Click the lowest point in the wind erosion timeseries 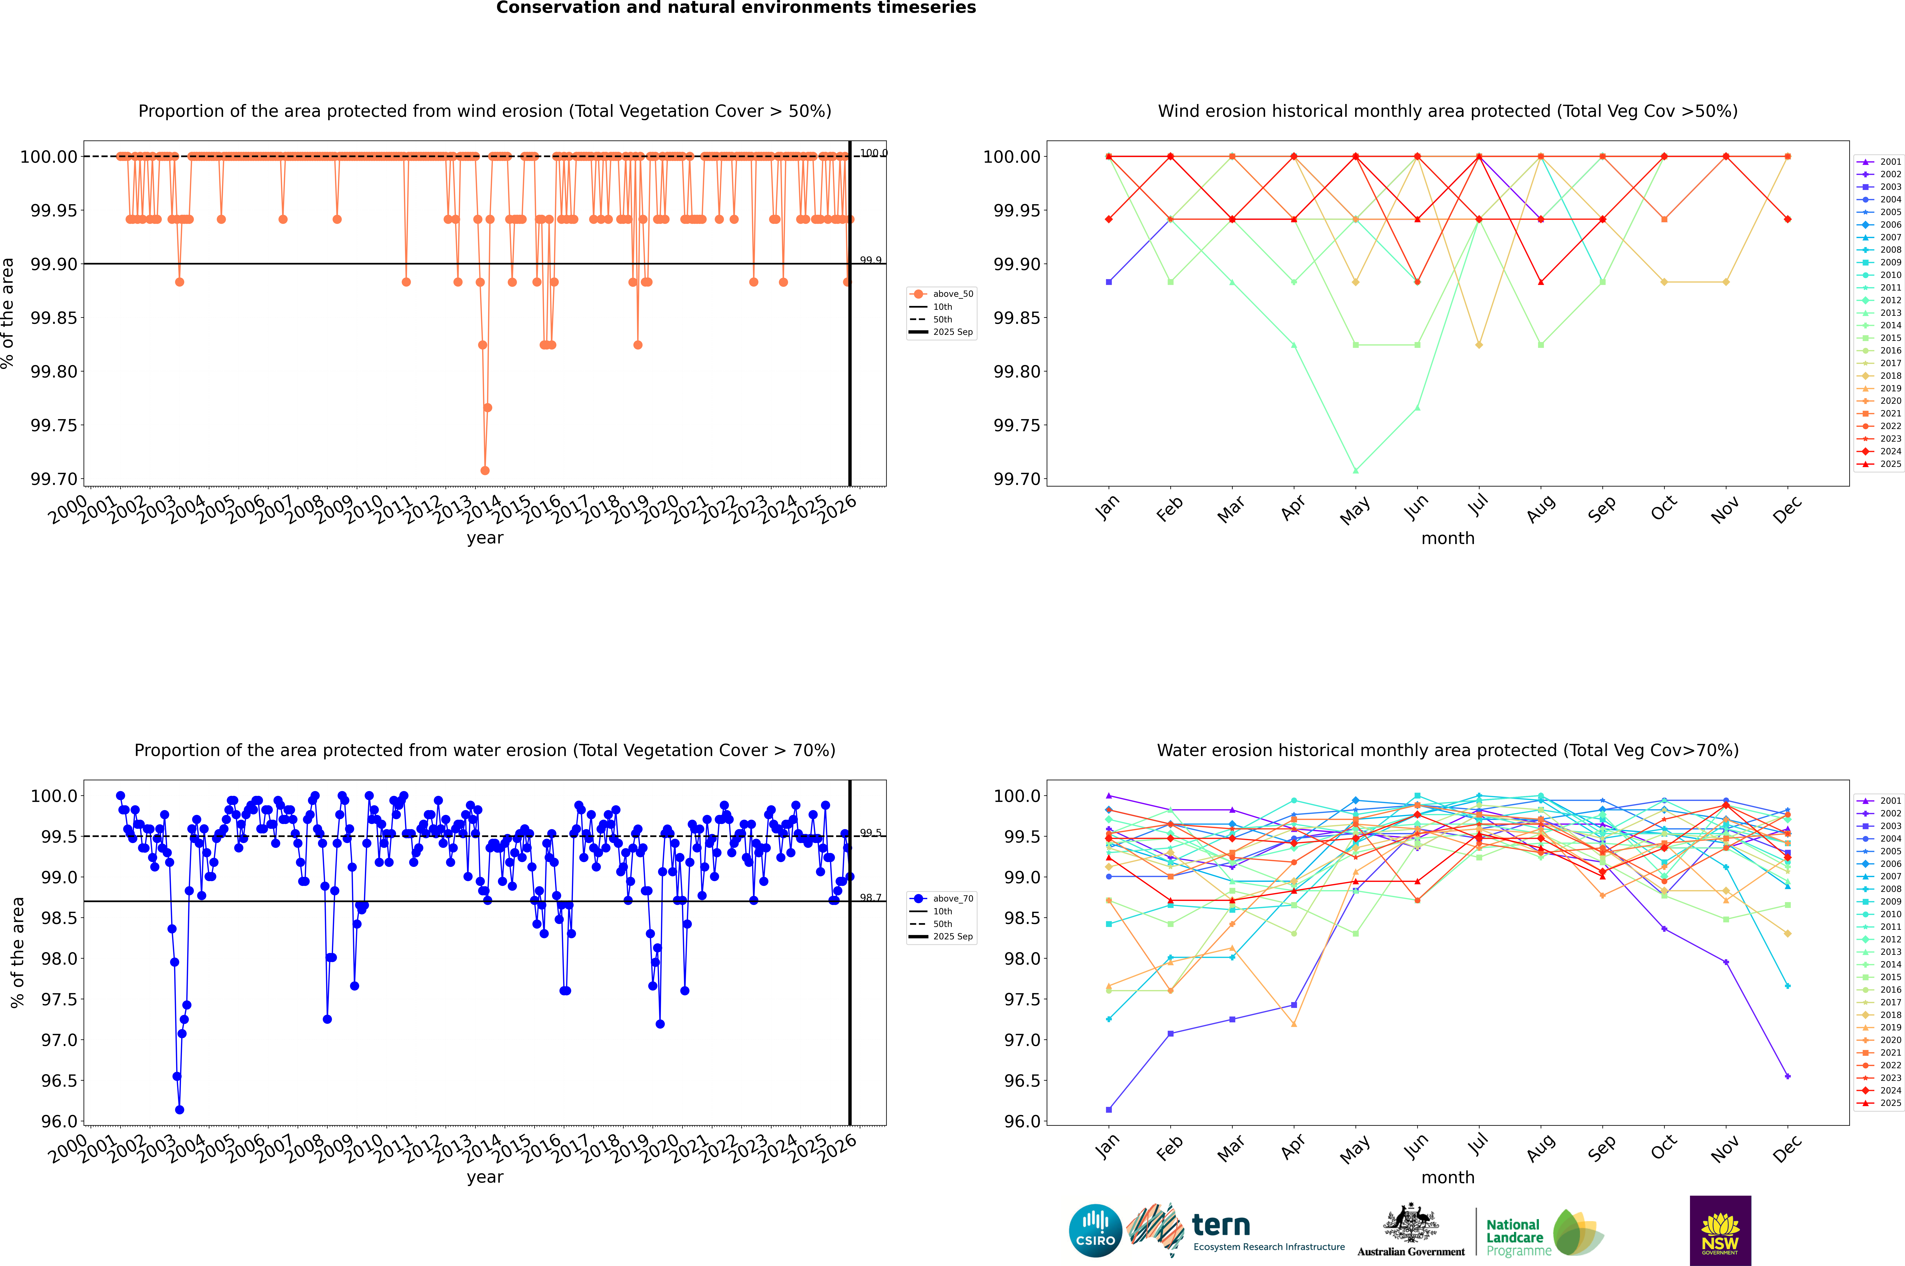[485, 470]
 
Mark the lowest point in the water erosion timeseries [179, 1109]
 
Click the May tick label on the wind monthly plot [1355, 510]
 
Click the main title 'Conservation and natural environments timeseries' [736, 8]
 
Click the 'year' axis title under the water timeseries [485, 1177]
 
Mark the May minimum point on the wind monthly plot [1355, 470]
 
